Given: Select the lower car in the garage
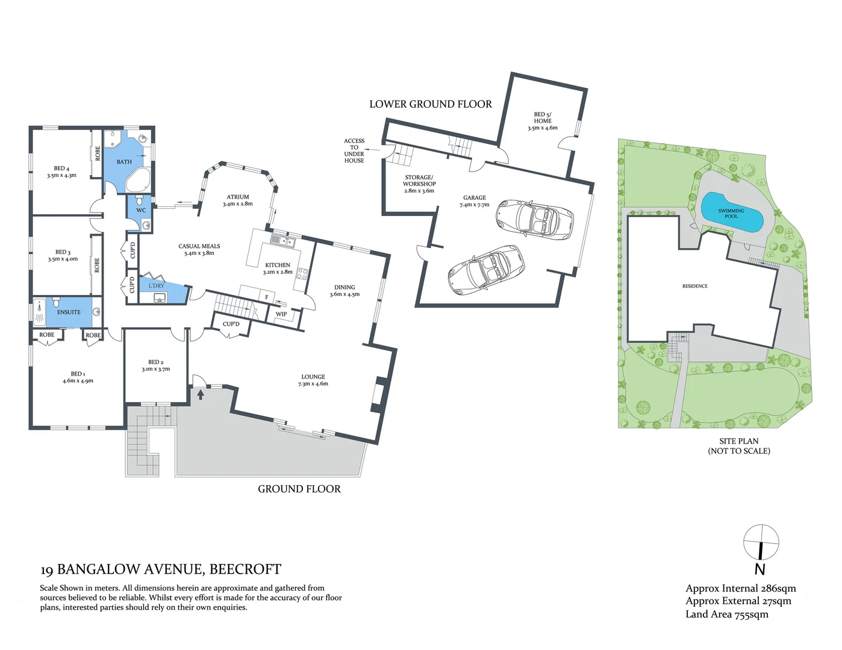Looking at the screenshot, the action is click(486, 270).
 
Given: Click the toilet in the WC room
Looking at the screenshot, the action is click(140, 200).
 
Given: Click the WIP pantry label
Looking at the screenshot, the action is click(281, 314).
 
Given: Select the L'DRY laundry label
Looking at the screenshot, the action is click(157, 285).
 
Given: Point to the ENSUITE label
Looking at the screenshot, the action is click(69, 312).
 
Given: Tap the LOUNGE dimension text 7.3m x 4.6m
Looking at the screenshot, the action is click(313, 384).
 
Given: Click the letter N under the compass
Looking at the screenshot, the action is click(760, 569).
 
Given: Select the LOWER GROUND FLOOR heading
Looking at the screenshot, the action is click(431, 104).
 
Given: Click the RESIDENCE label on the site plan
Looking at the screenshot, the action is click(694, 286).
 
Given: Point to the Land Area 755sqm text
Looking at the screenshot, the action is click(727, 614).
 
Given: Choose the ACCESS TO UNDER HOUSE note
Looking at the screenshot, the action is click(354, 150).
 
